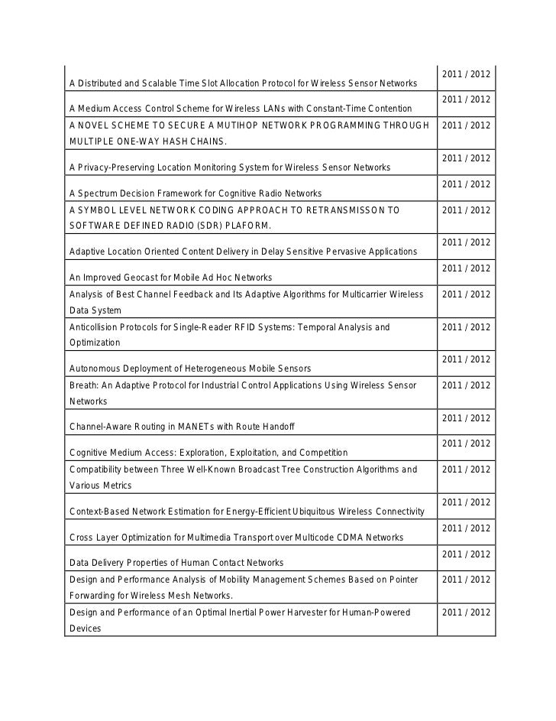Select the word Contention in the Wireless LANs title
tap(386, 109)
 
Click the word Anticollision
tap(95, 327)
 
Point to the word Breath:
tap(84, 385)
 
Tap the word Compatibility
tap(96, 469)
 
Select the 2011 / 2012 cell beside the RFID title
tap(466, 327)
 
